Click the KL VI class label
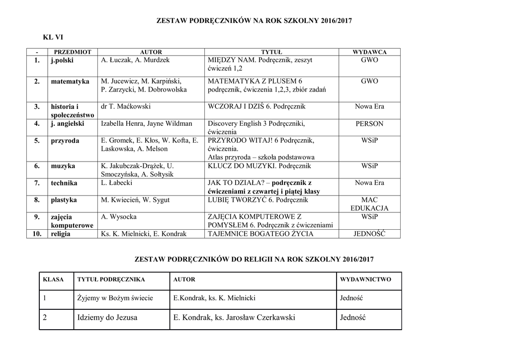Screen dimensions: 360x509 [53, 37]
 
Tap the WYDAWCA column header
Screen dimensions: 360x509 [369, 52]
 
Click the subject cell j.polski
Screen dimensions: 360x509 [62, 60]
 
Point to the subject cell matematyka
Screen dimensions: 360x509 [70, 81]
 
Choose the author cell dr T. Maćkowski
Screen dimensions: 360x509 [125, 106]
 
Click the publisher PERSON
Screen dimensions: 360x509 [369, 124]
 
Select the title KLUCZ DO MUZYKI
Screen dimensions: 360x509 [259, 166]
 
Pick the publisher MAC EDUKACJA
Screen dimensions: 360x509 [369, 204]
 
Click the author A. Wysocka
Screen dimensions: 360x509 [119, 217]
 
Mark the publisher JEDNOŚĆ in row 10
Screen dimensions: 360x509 [369, 234]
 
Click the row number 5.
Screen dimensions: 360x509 [37, 141]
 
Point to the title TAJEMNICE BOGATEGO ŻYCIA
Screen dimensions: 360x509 [260, 234]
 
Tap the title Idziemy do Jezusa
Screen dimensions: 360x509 [107, 317]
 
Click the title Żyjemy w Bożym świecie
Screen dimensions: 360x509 [115, 298]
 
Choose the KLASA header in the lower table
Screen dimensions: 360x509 [54, 279]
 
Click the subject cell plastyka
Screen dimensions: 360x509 [64, 200]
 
